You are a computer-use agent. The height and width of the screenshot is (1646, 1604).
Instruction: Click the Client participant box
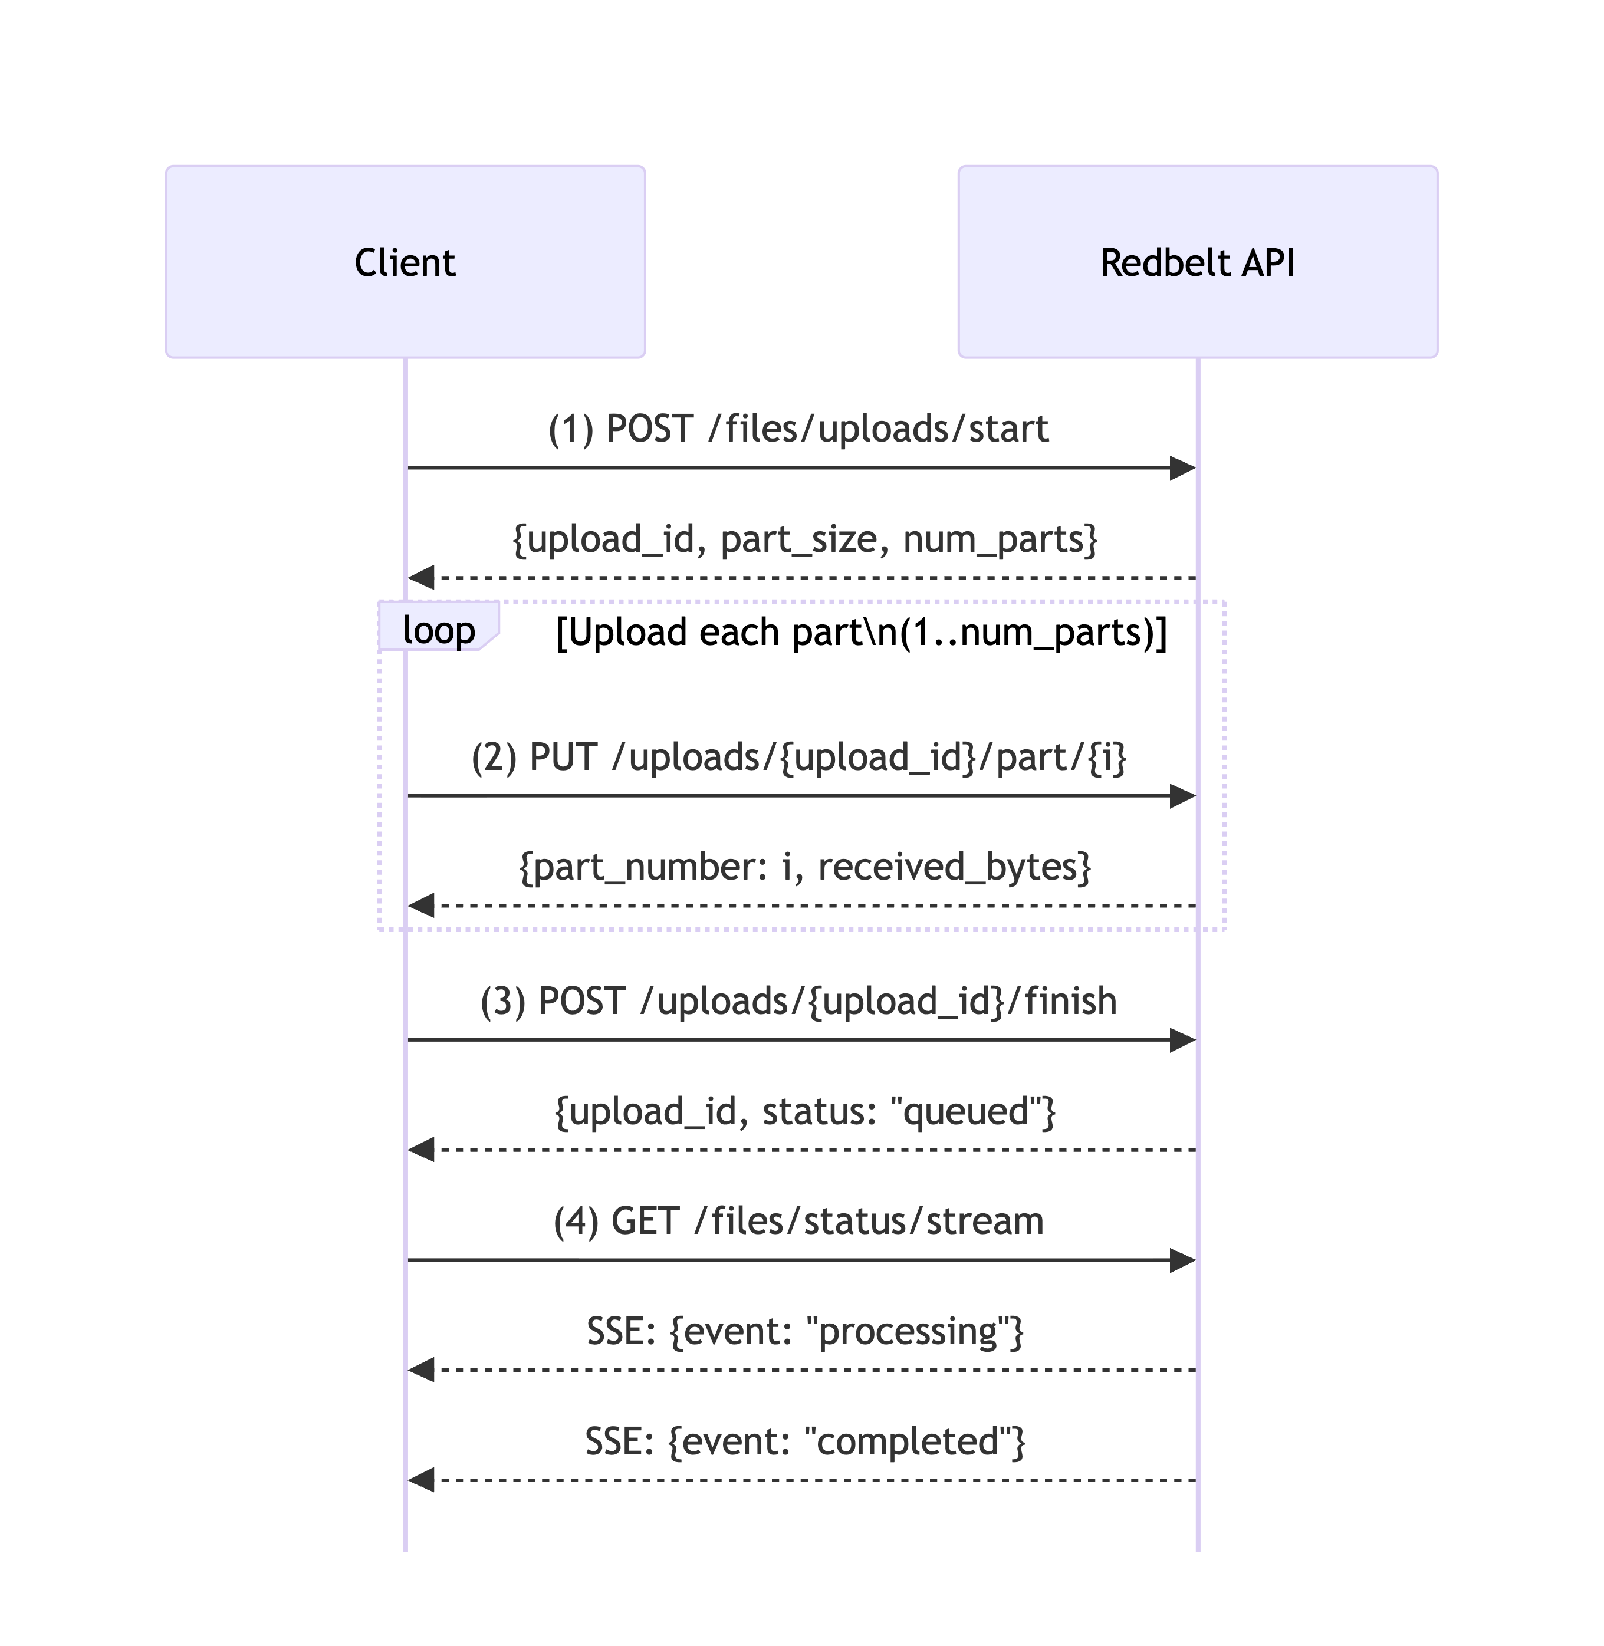coord(405,262)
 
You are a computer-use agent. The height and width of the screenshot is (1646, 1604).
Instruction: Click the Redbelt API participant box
coord(1197,262)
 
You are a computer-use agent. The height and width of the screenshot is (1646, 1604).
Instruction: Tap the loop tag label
coord(438,630)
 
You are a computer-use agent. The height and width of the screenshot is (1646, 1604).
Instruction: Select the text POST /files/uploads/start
coord(798,429)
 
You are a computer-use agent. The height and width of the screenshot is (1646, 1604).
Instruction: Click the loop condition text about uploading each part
coord(861,633)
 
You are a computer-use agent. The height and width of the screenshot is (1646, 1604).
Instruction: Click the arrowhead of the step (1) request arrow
coord(1183,468)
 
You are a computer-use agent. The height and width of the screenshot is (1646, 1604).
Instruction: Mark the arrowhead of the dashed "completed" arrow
coord(421,1480)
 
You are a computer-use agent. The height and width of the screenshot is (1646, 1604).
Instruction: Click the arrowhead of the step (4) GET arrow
coord(1183,1260)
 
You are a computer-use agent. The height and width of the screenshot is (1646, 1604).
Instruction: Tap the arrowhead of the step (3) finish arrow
coord(1183,1041)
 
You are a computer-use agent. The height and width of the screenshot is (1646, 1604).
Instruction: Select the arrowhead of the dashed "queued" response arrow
coord(421,1149)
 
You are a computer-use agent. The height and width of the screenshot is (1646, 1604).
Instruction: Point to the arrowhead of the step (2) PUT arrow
coord(1183,795)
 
